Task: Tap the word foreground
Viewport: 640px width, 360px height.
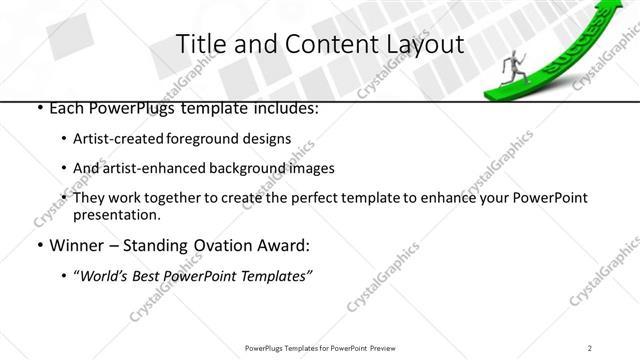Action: coord(201,139)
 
